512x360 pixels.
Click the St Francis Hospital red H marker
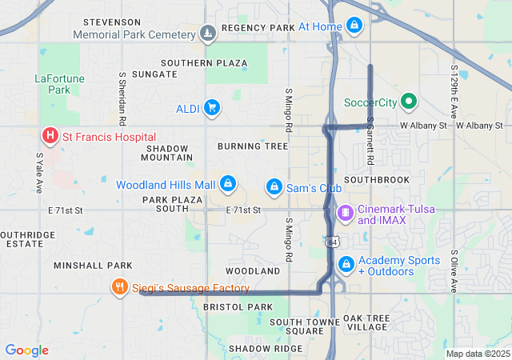[x=50, y=137]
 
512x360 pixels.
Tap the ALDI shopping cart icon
[x=212, y=107]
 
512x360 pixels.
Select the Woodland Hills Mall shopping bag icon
[x=228, y=185]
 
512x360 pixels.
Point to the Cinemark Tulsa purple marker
[x=346, y=214]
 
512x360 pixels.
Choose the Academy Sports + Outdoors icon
[x=346, y=263]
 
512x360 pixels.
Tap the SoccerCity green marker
[x=409, y=102]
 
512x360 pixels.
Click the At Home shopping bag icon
[x=354, y=26]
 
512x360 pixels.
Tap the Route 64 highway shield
[x=330, y=240]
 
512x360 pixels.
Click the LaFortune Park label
[x=54, y=84]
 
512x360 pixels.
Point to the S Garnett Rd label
[x=370, y=142]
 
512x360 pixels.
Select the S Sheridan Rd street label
[x=122, y=99]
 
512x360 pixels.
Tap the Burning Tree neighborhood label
[x=252, y=146]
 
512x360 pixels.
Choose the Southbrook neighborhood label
[x=376, y=180]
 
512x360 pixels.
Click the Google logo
[x=27, y=350]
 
